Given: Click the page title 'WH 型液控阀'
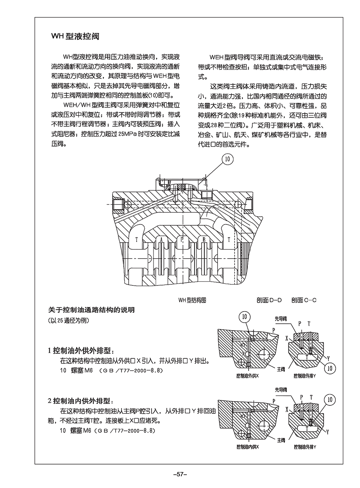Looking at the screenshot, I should pos(75,37).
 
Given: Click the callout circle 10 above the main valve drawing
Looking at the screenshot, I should pos(227,159).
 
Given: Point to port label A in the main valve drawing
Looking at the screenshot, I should pos(161,240).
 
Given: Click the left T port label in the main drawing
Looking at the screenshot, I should pos(136,240).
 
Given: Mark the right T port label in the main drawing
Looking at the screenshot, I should pos(229,240).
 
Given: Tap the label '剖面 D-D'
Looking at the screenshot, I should pos(269,300).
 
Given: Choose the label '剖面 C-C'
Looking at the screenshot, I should pos(304,300).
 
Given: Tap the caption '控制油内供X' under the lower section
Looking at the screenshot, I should pos(247,447).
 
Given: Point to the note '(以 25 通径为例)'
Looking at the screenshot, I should pos(69,320).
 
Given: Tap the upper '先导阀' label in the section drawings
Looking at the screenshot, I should pos(281,319).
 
